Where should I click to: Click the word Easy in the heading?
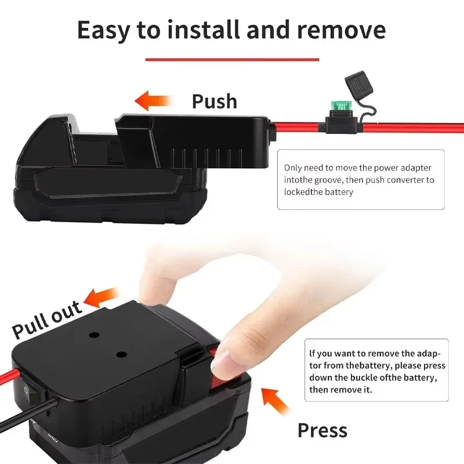coord(104,31)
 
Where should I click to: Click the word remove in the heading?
coord(341,30)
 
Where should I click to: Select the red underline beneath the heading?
coord(232,60)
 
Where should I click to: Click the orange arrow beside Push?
coord(153,101)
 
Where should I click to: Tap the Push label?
coord(215,101)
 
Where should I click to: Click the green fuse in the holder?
coord(341,106)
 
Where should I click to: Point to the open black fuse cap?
coord(358,82)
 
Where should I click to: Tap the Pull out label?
coord(47,320)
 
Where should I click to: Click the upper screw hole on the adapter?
coord(94,335)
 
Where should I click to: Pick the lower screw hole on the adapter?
coord(121,354)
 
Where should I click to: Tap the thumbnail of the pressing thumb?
coord(220,361)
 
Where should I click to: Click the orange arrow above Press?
coord(275,401)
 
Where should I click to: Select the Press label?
coord(322,430)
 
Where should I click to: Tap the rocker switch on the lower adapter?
coord(27,390)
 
